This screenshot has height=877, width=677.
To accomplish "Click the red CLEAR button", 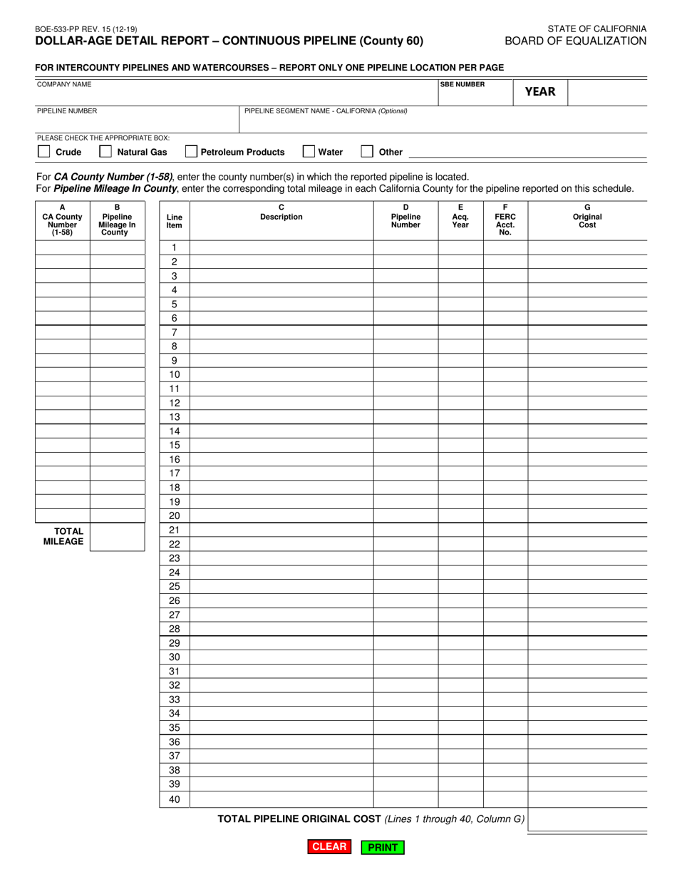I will click(329, 847).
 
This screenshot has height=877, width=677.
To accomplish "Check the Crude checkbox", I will click(43, 152).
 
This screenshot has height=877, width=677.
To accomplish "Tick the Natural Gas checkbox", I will click(105, 152).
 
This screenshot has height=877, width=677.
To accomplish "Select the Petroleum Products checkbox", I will click(191, 152).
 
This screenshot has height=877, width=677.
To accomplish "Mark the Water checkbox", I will click(309, 152).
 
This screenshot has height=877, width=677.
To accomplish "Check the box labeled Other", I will click(367, 152).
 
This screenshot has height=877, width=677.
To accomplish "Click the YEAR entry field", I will click(607, 91).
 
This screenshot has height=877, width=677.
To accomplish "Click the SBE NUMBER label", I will click(462, 84).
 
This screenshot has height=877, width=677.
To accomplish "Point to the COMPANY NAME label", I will click(64, 84).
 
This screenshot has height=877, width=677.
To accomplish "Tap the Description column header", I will click(281, 213).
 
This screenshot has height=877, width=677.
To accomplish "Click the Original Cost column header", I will click(587, 217).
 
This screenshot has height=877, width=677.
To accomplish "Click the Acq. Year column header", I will click(460, 217).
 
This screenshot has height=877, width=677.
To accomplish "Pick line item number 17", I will click(175, 473).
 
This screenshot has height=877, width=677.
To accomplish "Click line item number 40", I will click(175, 800).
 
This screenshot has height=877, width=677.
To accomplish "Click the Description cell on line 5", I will click(281, 304).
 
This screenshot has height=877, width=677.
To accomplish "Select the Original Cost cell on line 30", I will click(587, 657).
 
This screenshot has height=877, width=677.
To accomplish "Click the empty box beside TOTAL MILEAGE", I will click(118, 537).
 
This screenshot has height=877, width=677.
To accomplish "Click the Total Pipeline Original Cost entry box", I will click(587, 820).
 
